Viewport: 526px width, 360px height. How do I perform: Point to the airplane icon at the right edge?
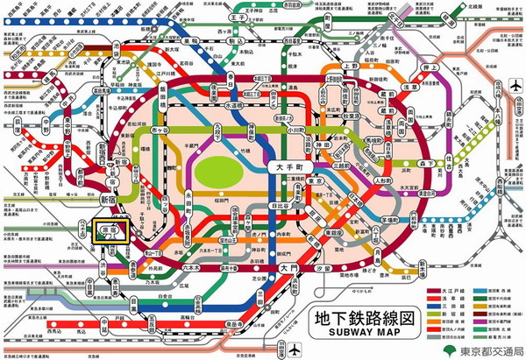(x=514, y=85)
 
